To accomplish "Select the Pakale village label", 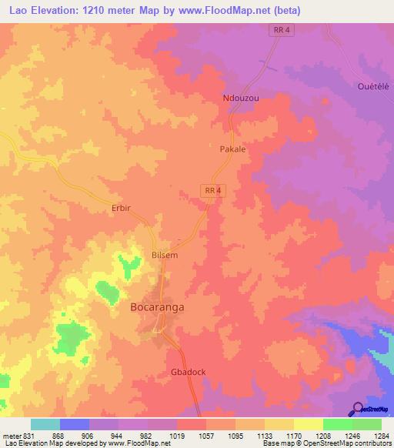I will pos(232,149).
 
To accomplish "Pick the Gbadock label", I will pos(188,372).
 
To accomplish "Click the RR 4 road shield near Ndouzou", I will pos(281,30).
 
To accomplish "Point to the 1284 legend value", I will pos(380,435).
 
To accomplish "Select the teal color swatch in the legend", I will pos(45,424).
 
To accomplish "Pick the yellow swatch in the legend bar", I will pos(308,424).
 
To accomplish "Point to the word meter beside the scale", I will pos(12,435).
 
